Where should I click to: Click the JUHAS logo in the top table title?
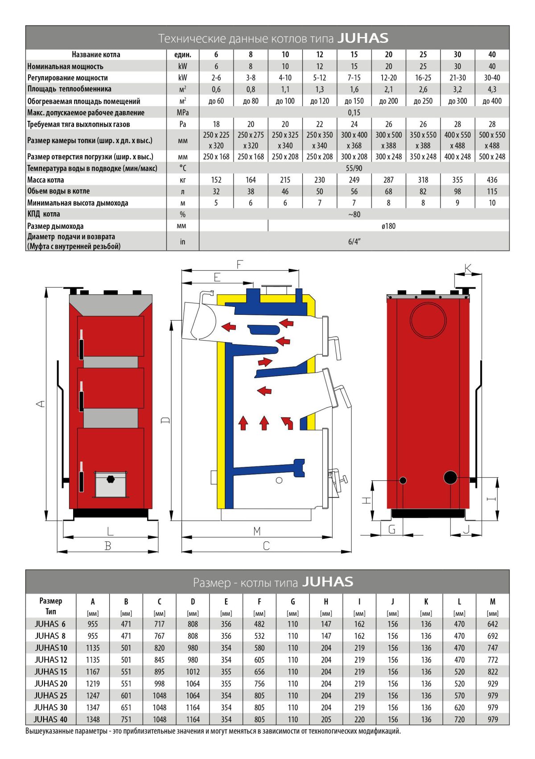(362, 38)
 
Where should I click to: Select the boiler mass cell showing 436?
(492, 180)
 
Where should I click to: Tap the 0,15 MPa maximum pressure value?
(354, 112)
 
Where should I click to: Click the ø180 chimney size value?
(388, 226)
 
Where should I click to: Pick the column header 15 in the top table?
(354, 54)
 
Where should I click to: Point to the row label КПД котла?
(44, 214)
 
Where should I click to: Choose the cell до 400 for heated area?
(492, 101)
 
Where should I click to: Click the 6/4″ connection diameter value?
(354, 242)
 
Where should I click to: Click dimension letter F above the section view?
(239, 264)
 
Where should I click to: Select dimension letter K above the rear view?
(468, 268)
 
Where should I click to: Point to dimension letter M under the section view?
(257, 531)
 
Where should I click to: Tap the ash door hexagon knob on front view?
(111, 479)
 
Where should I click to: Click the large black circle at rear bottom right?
(450, 478)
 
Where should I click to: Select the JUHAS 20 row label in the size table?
(51, 684)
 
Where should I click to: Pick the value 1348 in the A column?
(93, 719)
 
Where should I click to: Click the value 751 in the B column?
(126, 719)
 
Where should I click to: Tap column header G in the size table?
(292, 602)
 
